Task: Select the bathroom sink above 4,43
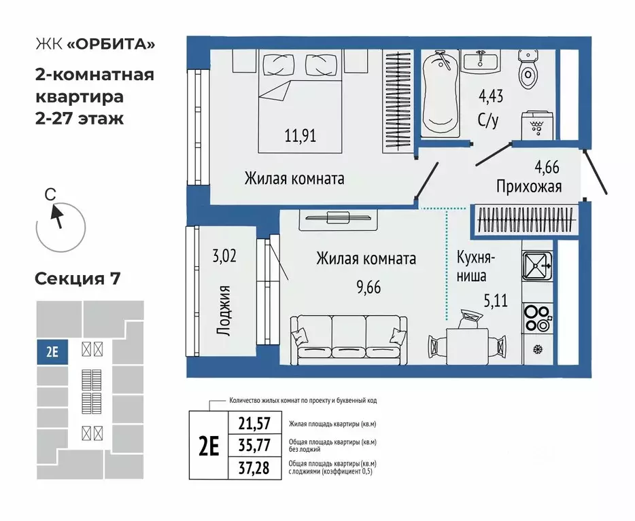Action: tap(482, 62)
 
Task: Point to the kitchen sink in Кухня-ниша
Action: tap(537, 266)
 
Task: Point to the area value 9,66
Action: tap(367, 286)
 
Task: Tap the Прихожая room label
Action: tap(528, 186)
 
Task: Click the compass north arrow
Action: tap(58, 217)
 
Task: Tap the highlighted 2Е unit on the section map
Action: tap(52, 353)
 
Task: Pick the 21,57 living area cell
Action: tap(255, 424)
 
